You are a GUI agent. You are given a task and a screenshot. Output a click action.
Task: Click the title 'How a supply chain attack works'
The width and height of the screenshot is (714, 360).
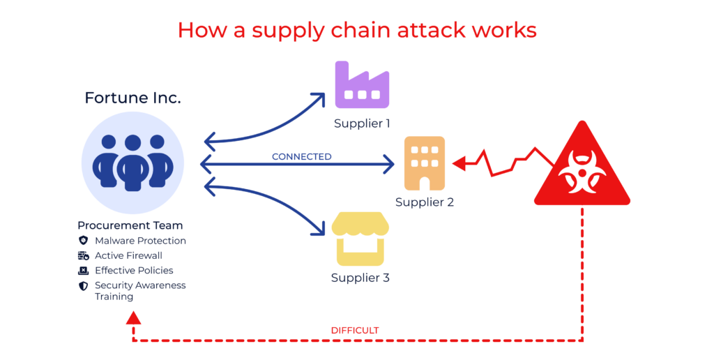pyautogui.click(x=356, y=30)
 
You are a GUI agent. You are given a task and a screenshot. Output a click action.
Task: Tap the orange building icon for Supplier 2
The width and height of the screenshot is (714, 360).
pyautogui.click(x=424, y=163)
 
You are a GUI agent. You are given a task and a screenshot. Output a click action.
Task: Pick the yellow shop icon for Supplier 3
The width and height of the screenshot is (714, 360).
pyautogui.click(x=359, y=239)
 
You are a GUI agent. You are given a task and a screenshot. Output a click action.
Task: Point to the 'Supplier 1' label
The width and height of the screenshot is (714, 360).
pyautogui.click(x=361, y=123)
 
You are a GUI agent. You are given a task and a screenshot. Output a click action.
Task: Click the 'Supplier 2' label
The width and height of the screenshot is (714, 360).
pyautogui.click(x=424, y=202)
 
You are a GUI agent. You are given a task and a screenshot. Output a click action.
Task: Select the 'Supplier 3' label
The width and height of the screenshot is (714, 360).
pyautogui.click(x=360, y=278)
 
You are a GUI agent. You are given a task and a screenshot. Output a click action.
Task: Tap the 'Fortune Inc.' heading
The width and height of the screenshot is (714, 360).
pyautogui.click(x=132, y=98)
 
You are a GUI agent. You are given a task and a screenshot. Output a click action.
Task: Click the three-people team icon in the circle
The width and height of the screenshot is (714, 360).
pyautogui.click(x=132, y=162)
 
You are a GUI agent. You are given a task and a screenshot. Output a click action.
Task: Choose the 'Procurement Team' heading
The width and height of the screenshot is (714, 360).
pyautogui.click(x=130, y=225)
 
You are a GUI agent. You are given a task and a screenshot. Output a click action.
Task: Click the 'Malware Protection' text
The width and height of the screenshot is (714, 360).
pyautogui.click(x=140, y=241)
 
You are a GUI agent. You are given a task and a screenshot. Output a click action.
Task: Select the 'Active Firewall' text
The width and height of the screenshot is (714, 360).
pyautogui.click(x=128, y=255)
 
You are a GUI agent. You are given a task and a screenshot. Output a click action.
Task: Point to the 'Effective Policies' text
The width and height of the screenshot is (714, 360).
pyautogui.click(x=134, y=270)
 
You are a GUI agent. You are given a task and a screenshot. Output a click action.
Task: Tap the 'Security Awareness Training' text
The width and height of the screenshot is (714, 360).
pyautogui.click(x=139, y=291)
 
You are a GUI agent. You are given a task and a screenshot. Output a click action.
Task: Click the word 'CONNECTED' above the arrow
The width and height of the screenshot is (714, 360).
pyautogui.click(x=301, y=156)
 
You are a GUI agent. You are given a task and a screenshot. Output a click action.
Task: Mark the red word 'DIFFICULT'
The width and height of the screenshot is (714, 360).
pyautogui.click(x=355, y=330)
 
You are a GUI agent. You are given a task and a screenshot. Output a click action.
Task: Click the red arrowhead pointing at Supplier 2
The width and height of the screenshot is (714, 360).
pyautogui.click(x=458, y=164)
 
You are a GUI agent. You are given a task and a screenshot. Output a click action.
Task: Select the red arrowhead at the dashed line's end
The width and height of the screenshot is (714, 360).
pyautogui.click(x=133, y=318)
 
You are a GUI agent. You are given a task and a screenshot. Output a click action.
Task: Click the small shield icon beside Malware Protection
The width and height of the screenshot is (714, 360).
pyautogui.click(x=84, y=241)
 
